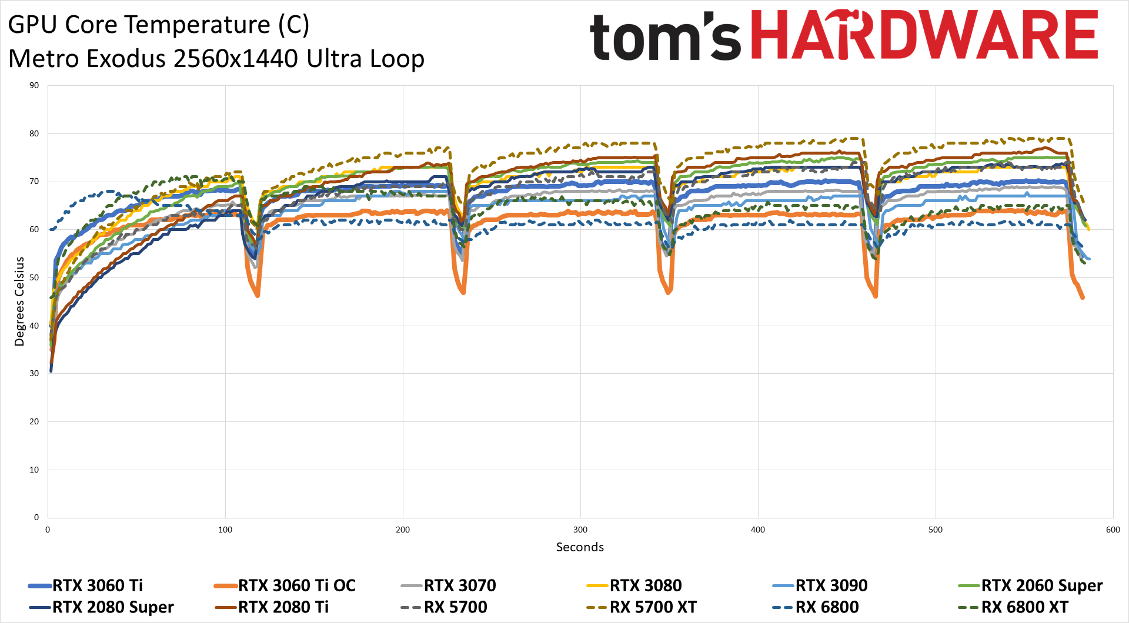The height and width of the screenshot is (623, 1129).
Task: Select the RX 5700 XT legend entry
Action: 653,607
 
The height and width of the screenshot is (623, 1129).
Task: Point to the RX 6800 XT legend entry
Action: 1024,607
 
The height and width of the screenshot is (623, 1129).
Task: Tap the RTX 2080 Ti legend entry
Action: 283,607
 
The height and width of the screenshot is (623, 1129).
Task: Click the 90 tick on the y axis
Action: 34,86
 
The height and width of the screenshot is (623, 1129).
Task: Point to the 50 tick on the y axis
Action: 34,277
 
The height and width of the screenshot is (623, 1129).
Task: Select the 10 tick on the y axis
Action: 34,470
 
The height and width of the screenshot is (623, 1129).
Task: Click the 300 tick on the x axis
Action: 580,530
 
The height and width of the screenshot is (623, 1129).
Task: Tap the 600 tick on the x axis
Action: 1113,530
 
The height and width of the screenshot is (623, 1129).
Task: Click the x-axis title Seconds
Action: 580,547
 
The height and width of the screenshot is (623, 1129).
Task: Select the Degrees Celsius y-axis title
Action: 19,302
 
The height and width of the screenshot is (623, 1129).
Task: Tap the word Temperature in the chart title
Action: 168,25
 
